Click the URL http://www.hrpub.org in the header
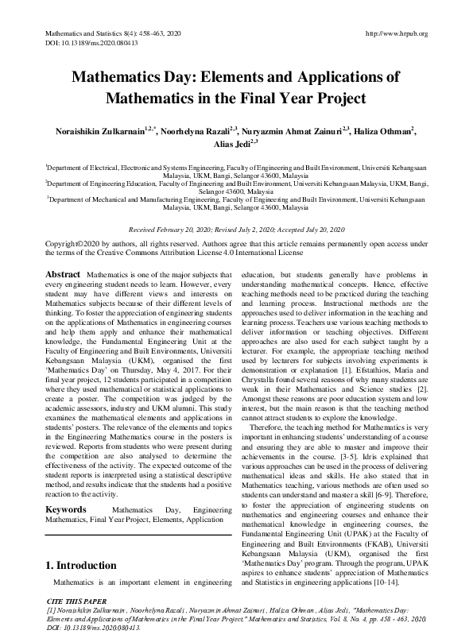click(x=395, y=33)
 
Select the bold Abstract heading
click(x=63, y=274)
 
